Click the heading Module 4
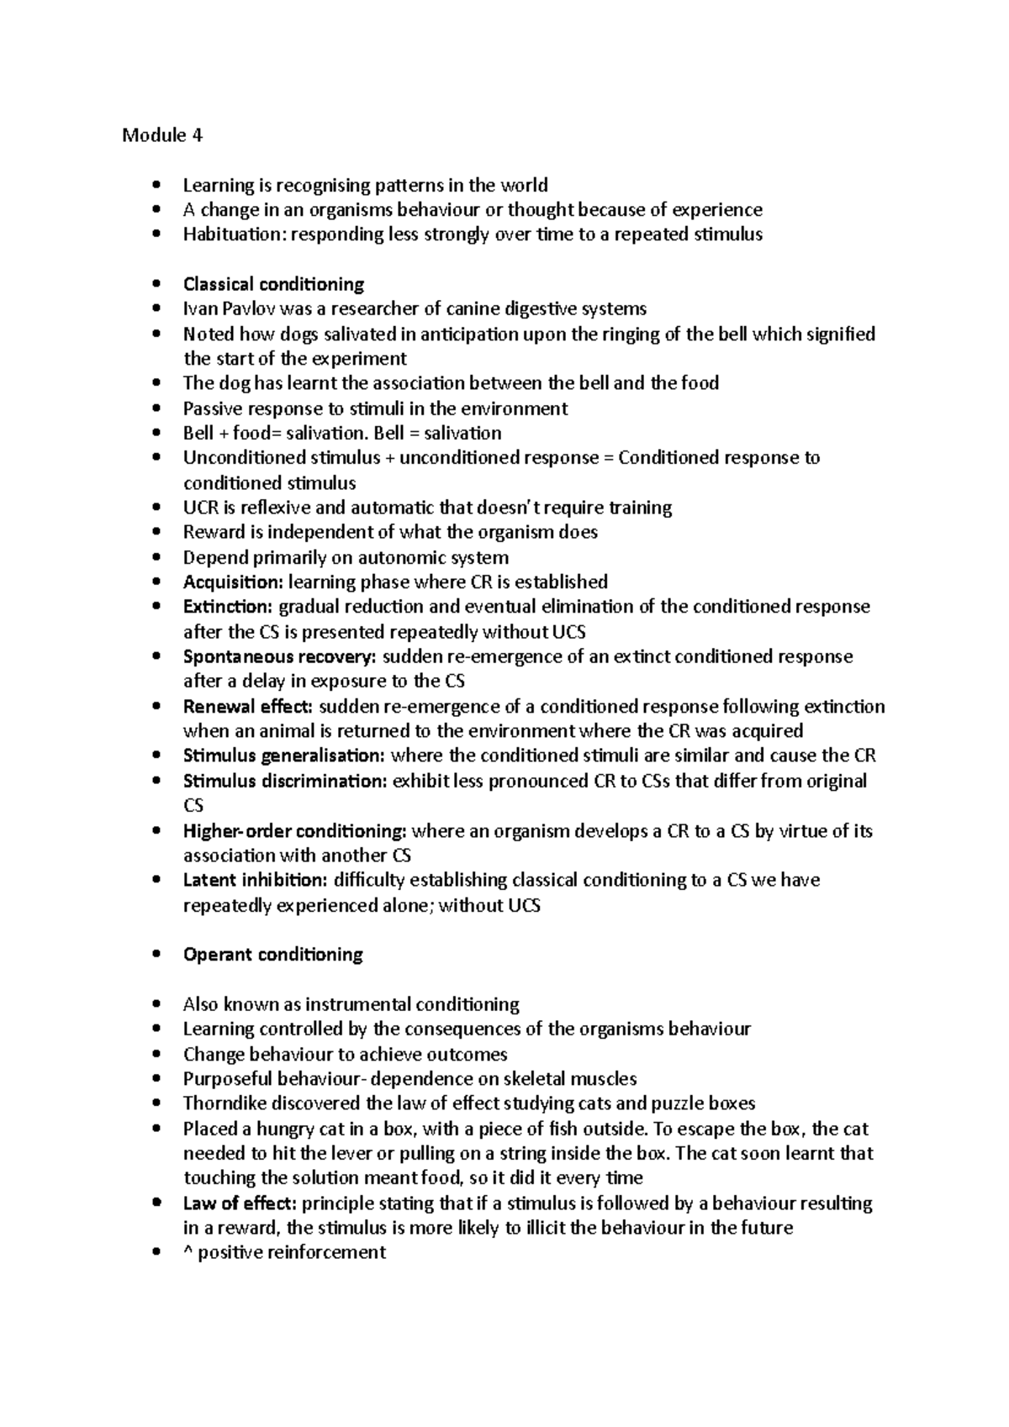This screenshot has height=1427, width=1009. [x=162, y=135]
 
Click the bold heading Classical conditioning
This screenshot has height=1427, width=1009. [x=273, y=284]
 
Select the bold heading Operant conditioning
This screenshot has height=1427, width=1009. [x=272, y=955]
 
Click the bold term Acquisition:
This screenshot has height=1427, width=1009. [x=233, y=582]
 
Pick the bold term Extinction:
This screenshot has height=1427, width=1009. [x=228, y=607]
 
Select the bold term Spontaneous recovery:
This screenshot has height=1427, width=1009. [x=280, y=656]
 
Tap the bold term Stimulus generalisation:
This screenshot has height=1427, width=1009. [x=283, y=756]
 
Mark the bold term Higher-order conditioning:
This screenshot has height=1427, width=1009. [x=294, y=831]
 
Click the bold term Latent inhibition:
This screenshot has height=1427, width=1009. [x=256, y=880]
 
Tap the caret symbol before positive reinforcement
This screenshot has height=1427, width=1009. [x=188, y=1253]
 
